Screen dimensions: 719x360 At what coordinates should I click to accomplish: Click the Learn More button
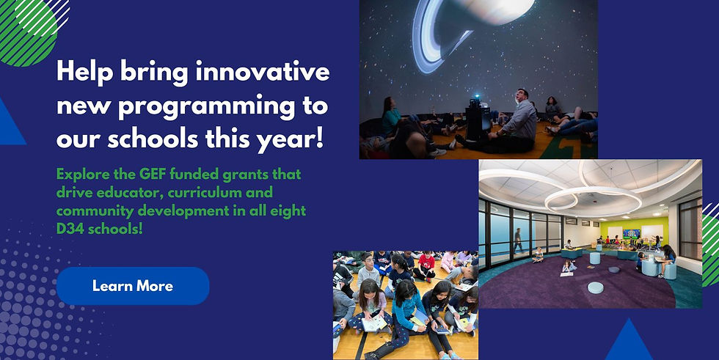point(133,286)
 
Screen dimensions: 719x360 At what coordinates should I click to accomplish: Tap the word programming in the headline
point(207,107)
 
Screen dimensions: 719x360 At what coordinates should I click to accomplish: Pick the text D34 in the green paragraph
point(70,229)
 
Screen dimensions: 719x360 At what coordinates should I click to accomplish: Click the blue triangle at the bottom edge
point(629,341)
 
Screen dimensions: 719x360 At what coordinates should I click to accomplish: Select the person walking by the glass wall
point(518,240)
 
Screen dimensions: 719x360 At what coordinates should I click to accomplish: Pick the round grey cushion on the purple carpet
point(595,287)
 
